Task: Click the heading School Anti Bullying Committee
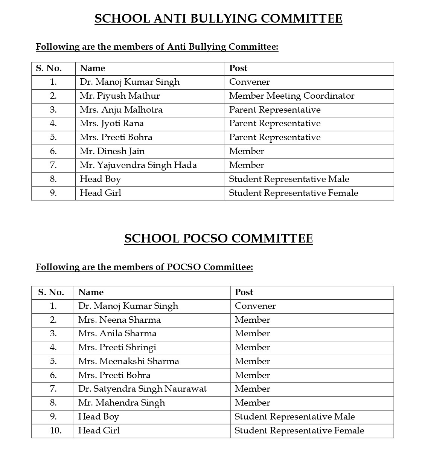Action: click(218, 18)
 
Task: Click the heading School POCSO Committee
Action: click(218, 238)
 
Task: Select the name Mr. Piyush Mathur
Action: click(120, 96)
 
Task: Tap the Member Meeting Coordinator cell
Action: click(292, 96)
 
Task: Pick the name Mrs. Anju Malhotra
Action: click(121, 110)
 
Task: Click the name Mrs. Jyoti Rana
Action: click(112, 124)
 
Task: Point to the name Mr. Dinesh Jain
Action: click(112, 151)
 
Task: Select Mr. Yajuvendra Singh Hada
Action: click(138, 165)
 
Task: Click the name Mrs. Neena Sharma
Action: click(119, 320)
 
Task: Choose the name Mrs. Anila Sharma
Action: click(117, 334)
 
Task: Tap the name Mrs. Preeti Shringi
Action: click(117, 348)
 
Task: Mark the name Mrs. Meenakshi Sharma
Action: click(129, 362)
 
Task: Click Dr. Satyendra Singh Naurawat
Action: click(142, 389)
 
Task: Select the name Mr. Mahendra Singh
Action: click(122, 403)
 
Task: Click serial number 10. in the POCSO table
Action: click(56, 430)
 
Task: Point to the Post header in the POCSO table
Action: click(244, 292)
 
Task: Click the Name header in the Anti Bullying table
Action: click(93, 68)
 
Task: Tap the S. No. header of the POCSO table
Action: click(51, 292)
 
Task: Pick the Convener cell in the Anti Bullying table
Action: click(250, 82)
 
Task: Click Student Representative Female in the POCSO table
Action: click(299, 430)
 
